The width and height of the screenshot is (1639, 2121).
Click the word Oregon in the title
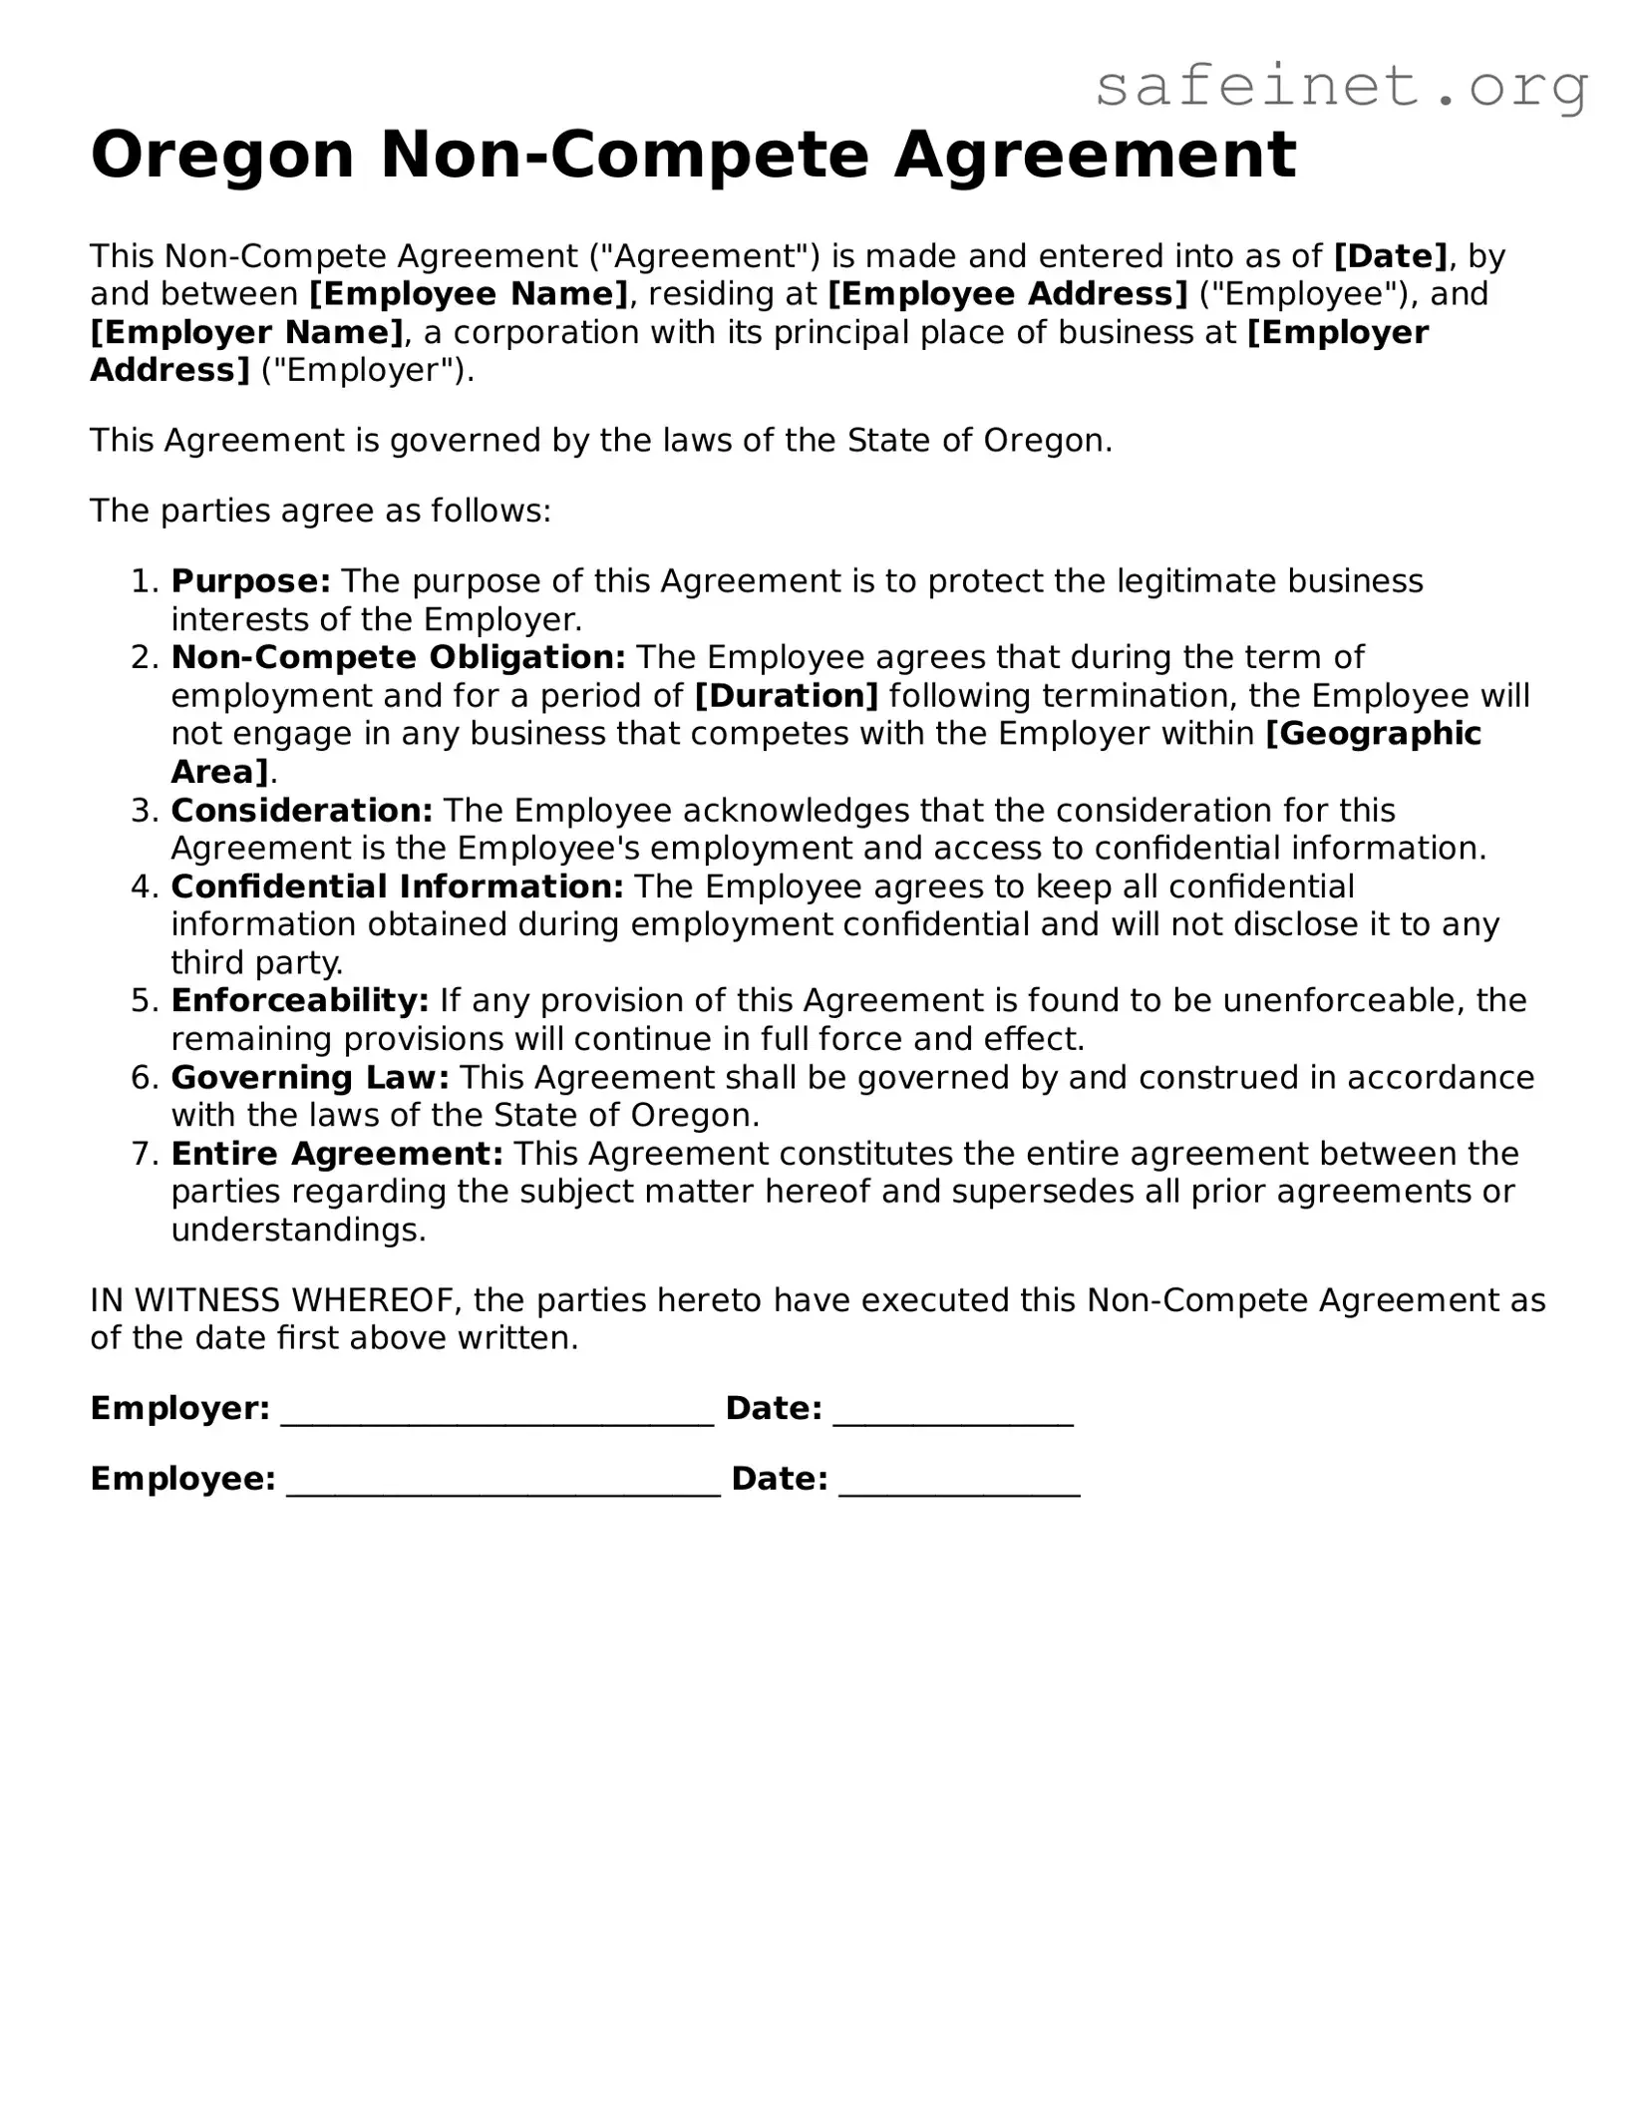222,156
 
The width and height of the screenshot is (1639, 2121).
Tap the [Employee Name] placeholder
469,294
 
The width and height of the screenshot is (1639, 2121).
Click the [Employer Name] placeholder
246,332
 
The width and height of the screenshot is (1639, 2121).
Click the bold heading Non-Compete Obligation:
398,658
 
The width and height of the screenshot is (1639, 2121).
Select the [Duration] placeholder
786,696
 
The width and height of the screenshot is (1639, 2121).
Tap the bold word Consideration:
301,811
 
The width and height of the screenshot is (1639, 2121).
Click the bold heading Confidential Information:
397,886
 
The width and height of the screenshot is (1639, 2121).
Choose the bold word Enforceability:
299,1000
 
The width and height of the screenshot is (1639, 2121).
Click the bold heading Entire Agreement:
337,1154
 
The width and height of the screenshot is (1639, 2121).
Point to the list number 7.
145,1154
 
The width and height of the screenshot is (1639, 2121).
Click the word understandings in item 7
297,1231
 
